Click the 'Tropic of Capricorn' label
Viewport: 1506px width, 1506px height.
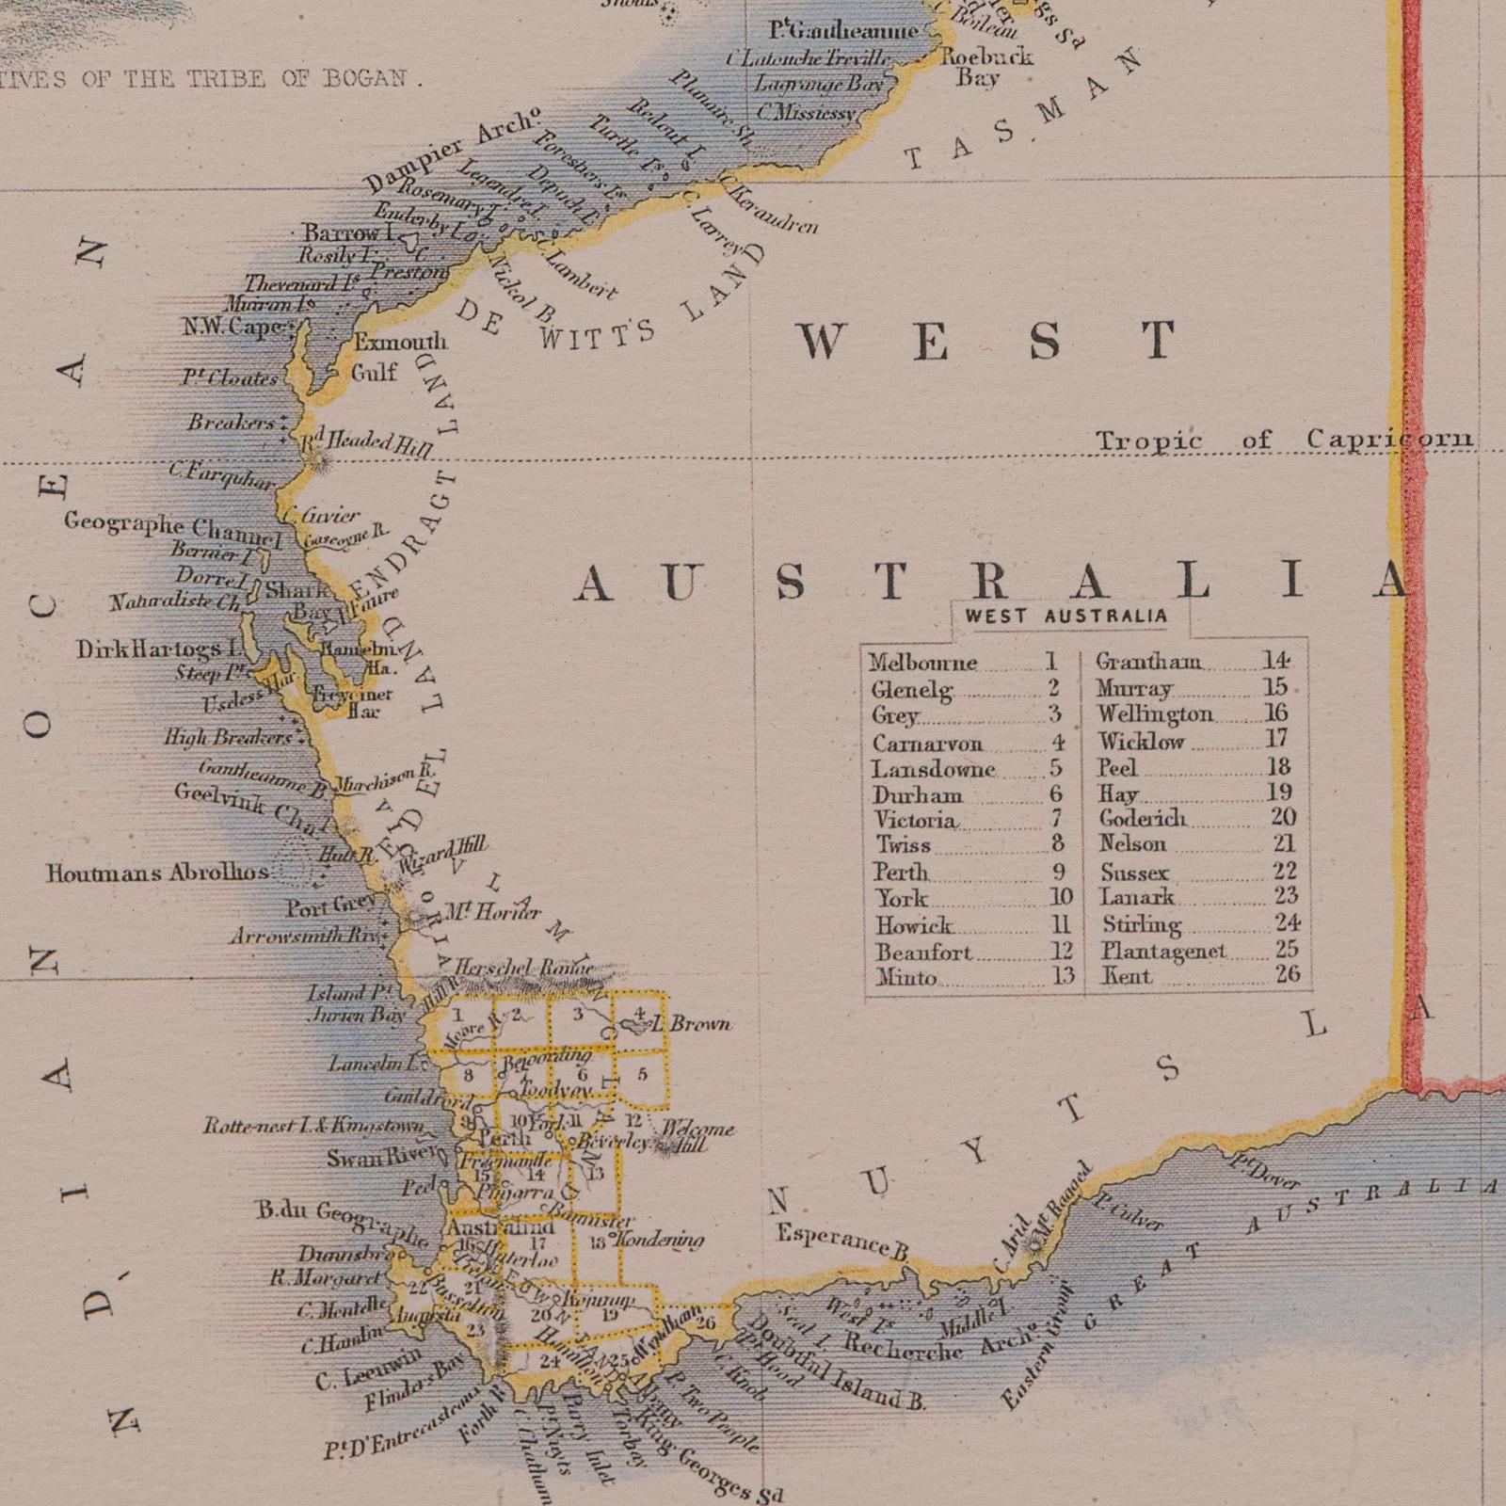pos(1284,440)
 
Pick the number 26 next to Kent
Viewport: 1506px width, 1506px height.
pos(1287,975)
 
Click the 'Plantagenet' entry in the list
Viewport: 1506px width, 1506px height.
pos(1163,951)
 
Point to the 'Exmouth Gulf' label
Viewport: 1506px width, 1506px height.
pos(398,357)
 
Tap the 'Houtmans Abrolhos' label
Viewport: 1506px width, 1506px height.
pos(158,873)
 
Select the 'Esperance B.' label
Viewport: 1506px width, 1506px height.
pos(841,1241)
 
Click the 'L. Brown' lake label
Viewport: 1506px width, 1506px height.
pos(697,1024)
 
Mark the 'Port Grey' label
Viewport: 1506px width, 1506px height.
pos(332,908)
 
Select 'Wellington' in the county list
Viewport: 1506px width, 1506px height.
pos(1155,714)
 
